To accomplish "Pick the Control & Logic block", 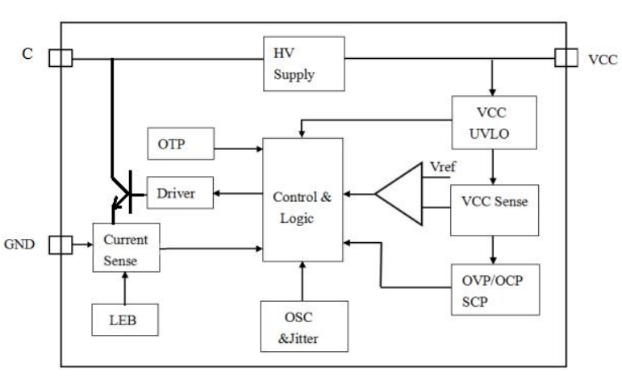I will pyautogui.click(x=303, y=199).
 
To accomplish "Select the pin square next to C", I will pyautogui.click(x=61, y=58).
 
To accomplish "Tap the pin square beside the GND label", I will pyautogui.click(x=61, y=243).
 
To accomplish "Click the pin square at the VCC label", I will pyautogui.click(x=566, y=58).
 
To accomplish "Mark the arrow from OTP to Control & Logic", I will pyautogui.click(x=238, y=149).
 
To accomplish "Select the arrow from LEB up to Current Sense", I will pyautogui.click(x=124, y=287).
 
